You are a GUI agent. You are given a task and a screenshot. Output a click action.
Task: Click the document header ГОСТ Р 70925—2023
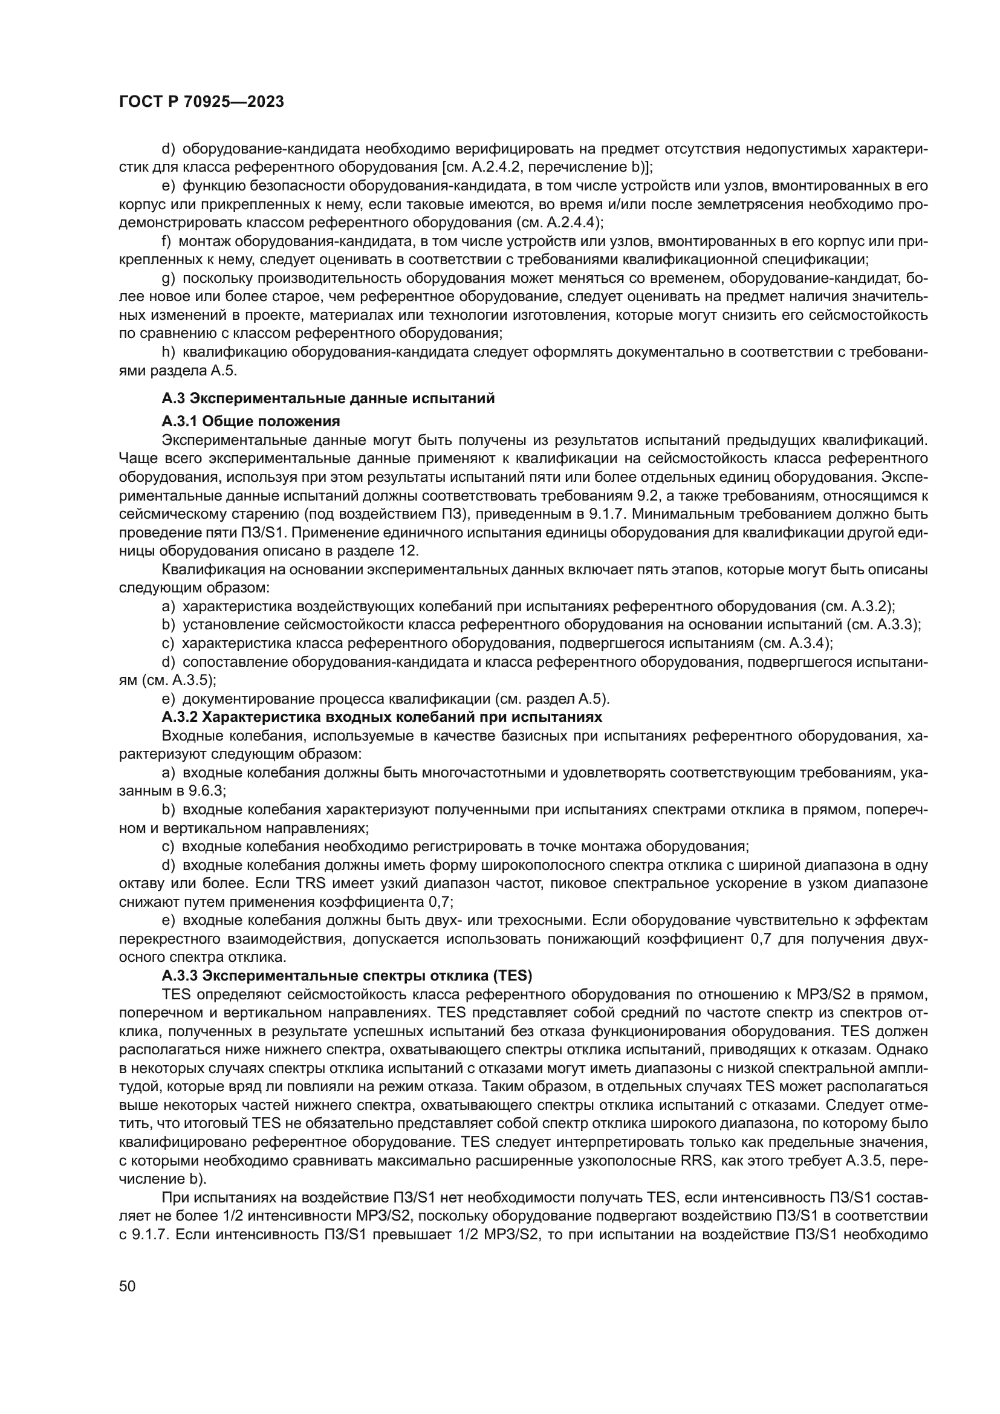click(x=201, y=102)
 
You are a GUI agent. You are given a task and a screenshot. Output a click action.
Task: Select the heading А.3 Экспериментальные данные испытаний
click(x=328, y=398)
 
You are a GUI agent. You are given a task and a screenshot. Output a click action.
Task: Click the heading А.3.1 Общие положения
click(x=251, y=421)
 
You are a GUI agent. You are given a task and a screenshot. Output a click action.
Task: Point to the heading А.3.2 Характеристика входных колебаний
click(x=381, y=717)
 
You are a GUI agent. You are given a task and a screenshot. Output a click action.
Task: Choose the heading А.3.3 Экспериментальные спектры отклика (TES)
click(x=346, y=976)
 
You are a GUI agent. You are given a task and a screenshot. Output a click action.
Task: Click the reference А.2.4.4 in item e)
click(x=571, y=222)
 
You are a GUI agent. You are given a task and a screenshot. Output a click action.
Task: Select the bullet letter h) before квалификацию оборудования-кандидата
click(x=168, y=352)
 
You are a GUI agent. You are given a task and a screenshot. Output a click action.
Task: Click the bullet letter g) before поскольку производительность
click(x=168, y=278)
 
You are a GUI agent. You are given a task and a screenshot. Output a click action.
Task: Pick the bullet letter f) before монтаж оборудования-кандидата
click(x=166, y=241)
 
